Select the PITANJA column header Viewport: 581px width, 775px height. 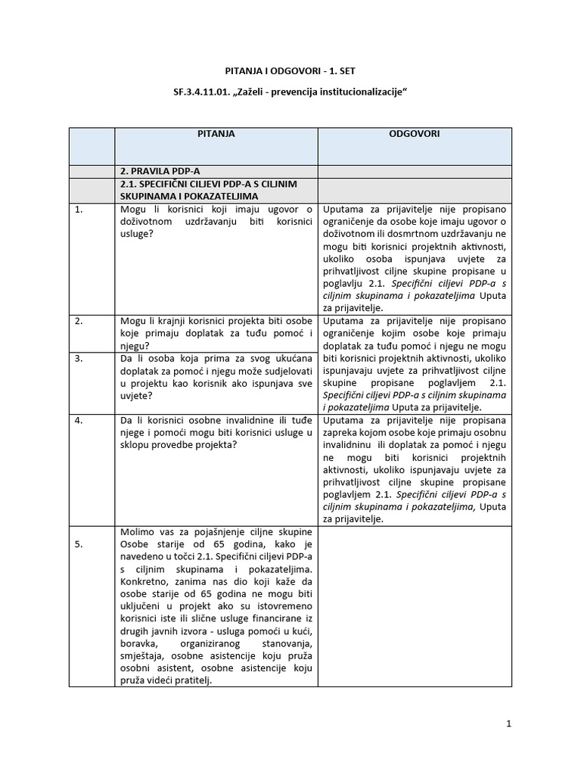(x=216, y=134)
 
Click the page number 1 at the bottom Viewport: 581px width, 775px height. (x=509, y=724)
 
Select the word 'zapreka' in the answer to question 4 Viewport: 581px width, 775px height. (x=341, y=431)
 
